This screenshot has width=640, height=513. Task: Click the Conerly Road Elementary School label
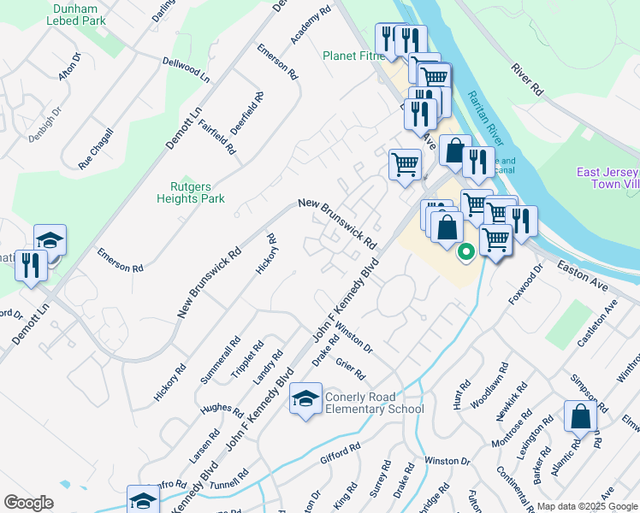click(x=374, y=403)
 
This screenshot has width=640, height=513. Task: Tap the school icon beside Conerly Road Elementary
click(x=305, y=400)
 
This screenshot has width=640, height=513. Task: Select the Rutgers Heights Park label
click(x=190, y=192)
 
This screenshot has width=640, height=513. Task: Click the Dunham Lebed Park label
click(x=80, y=15)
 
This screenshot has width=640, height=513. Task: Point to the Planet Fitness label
click(x=349, y=56)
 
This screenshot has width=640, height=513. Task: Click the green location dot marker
click(x=466, y=252)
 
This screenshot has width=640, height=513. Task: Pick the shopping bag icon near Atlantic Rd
click(x=581, y=418)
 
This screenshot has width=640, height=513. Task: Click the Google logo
click(x=28, y=502)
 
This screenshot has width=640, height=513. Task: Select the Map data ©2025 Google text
click(x=587, y=506)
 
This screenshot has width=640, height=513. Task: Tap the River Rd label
click(x=528, y=78)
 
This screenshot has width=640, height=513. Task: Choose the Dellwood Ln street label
click(x=186, y=68)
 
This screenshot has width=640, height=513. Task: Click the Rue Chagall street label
click(x=96, y=148)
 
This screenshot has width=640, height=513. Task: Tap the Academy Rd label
click(x=310, y=27)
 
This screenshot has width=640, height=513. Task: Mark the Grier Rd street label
click(x=350, y=369)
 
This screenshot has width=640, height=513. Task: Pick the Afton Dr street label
click(x=69, y=67)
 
